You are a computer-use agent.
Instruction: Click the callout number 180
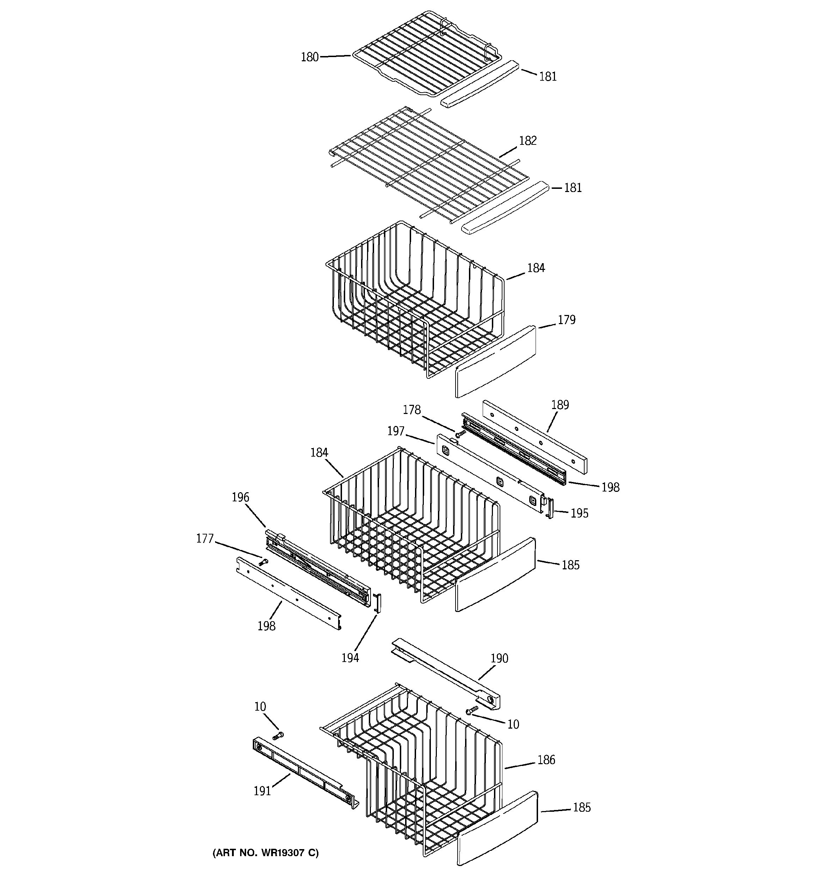(309, 57)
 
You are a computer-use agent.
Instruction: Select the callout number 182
(528, 141)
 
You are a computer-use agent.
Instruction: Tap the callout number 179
(566, 320)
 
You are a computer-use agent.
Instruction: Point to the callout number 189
(560, 404)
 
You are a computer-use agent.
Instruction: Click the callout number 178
(411, 410)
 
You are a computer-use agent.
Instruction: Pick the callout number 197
(395, 431)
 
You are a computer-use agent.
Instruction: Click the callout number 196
(240, 497)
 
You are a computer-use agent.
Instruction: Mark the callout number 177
(204, 538)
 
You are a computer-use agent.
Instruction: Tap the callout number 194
(350, 657)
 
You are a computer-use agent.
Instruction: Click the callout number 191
(262, 791)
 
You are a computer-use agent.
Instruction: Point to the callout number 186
(546, 760)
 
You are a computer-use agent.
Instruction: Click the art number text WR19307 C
(265, 853)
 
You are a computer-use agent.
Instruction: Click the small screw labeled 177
(263, 562)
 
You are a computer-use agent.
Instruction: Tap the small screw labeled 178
(460, 433)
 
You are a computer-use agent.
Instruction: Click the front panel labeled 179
(495, 362)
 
